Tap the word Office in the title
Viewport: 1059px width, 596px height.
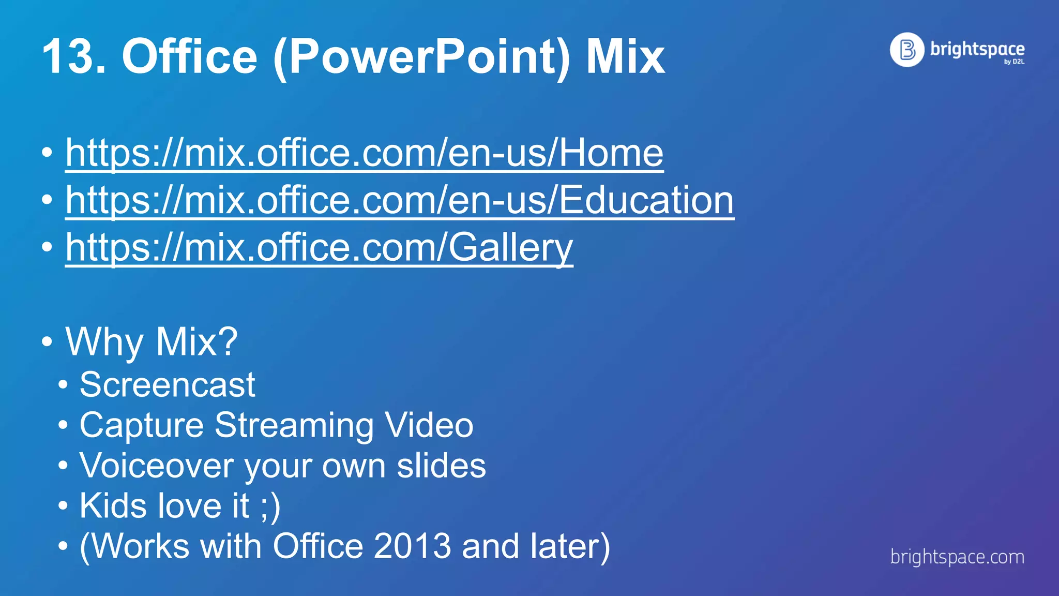coord(189,56)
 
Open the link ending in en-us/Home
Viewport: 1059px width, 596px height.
coord(364,153)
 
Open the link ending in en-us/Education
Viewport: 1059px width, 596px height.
coord(399,200)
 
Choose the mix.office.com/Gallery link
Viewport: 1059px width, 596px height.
coord(319,247)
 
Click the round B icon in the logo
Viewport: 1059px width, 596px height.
coord(906,50)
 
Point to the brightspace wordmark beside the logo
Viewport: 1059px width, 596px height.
coord(977,49)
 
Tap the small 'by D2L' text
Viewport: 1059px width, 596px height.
coord(1013,62)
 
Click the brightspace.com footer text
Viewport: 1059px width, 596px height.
coord(957,557)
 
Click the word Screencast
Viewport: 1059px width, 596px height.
coord(167,385)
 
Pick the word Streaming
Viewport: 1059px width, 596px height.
coord(294,425)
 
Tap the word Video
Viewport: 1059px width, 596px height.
coord(429,425)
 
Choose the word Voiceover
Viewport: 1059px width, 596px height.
coord(157,466)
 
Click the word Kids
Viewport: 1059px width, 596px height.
coord(114,505)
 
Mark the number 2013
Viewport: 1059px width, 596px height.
coord(412,546)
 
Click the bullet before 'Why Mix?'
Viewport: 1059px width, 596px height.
coord(47,342)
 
